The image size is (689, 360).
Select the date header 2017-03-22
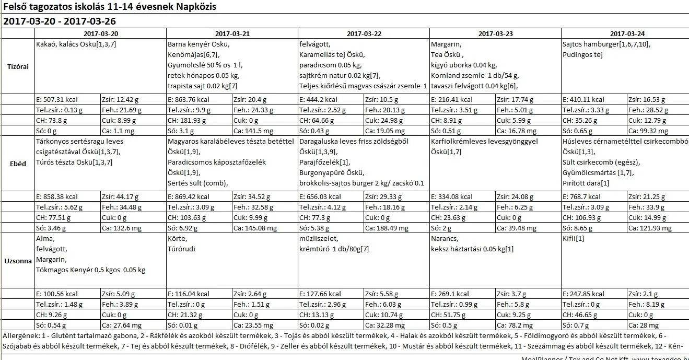[x=364, y=33]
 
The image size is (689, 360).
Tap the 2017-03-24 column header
[x=627, y=33]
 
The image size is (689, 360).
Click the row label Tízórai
[x=18, y=66]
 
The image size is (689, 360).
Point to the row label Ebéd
[x=18, y=164]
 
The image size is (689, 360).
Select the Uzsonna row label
[x=18, y=260]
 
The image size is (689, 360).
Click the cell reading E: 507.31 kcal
[x=57, y=99]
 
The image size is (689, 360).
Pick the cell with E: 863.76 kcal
[x=189, y=99]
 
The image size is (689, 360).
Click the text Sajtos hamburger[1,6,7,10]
[x=606, y=44]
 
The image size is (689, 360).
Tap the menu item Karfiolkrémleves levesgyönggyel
[x=484, y=142]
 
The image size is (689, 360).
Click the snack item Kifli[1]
[x=573, y=238]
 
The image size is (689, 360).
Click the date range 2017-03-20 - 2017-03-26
[x=60, y=21]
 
